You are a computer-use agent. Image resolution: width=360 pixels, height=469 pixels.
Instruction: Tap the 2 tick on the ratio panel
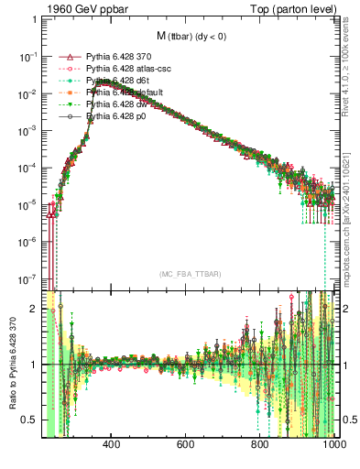click(x=34, y=310)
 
